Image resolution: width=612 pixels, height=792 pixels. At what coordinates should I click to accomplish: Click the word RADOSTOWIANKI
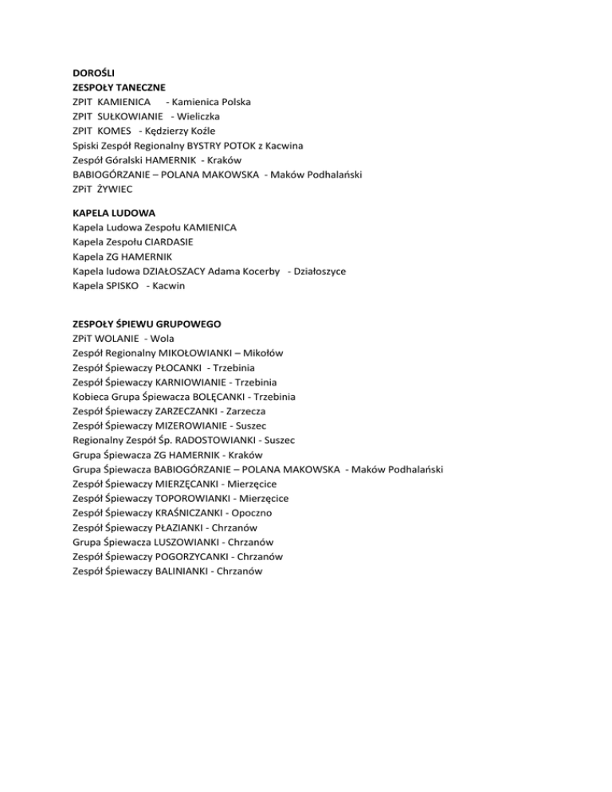(x=211, y=440)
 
